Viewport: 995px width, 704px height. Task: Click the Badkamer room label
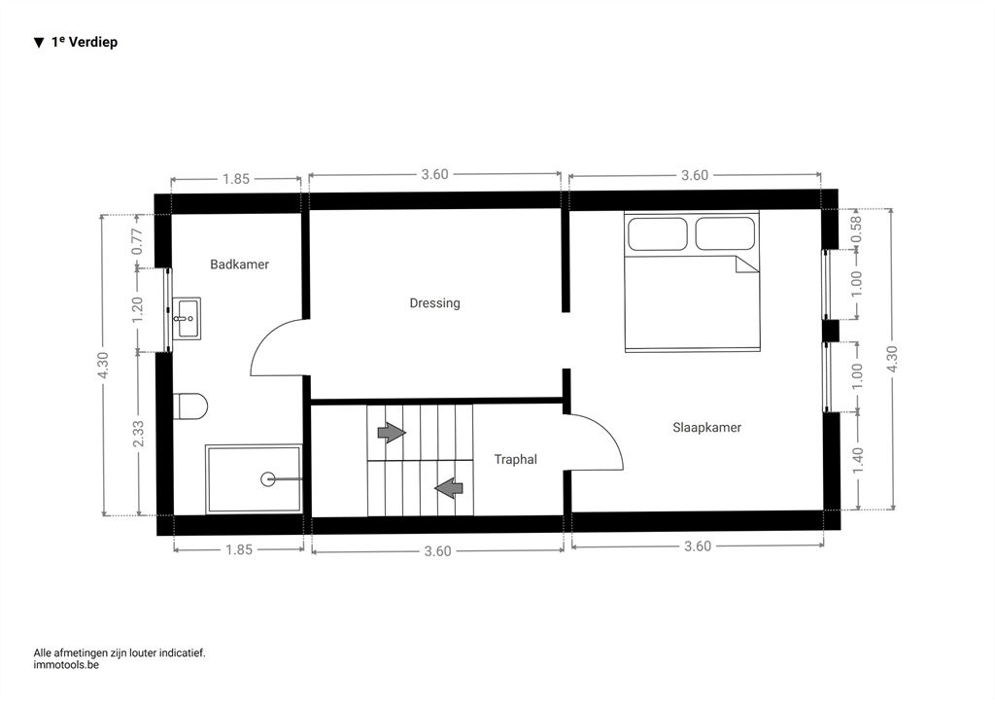click(239, 264)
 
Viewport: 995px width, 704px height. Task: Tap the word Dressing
click(434, 303)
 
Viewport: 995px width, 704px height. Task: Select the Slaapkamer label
click(707, 427)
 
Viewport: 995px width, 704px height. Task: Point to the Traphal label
click(515, 459)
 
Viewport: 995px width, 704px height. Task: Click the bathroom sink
click(187, 318)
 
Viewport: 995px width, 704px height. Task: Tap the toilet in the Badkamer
click(190, 406)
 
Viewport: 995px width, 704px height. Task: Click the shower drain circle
click(268, 478)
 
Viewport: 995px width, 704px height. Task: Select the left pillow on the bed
click(658, 233)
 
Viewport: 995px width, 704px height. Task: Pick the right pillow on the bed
click(725, 233)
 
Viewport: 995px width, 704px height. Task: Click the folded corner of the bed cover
click(747, 264)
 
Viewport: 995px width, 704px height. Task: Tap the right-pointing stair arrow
click(392, 433)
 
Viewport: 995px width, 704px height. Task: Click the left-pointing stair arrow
click(449, 487)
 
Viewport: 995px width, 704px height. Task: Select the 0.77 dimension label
click(138, 241)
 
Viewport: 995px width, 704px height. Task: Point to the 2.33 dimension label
click(138, 434)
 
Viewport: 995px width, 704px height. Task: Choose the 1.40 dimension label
click(857, 460)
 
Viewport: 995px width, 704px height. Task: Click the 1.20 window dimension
click(138, 309)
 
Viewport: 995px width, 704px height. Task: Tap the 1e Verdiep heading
click(85, 42)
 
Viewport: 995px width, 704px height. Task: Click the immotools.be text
click(66, 665)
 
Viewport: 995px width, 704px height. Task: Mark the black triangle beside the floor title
click(39, 43)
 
